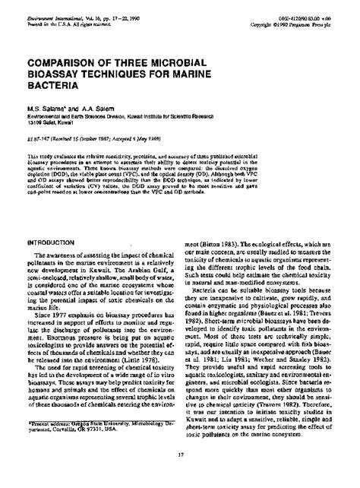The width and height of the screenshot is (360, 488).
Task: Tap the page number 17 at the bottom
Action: [180, 477]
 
